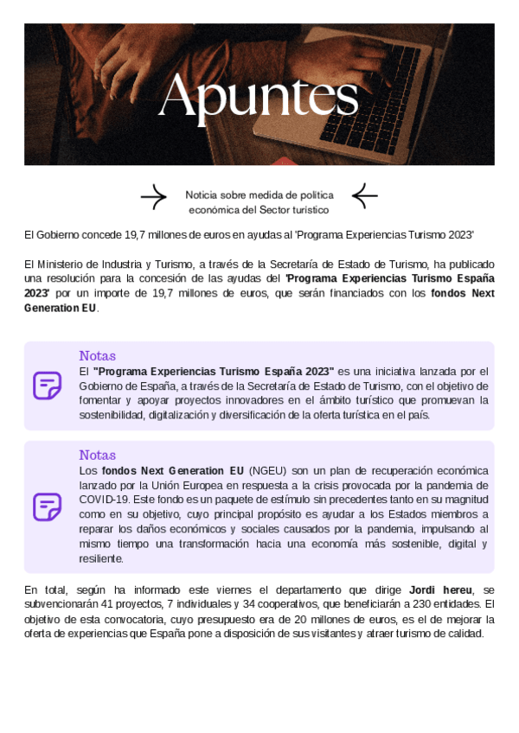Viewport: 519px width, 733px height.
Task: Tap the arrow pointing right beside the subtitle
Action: click(153, 197)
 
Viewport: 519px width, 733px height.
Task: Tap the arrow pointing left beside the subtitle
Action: click(364, 197)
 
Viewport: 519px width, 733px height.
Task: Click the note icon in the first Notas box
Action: click(47, 386)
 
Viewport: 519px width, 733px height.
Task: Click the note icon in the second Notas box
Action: click(47, 507)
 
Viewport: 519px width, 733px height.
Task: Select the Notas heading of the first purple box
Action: click(97, 356)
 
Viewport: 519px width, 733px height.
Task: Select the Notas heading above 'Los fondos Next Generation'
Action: click(97, 456)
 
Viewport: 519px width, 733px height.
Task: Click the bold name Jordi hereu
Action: click(439, 590)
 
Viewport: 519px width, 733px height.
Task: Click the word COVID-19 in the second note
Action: click(103, 500)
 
